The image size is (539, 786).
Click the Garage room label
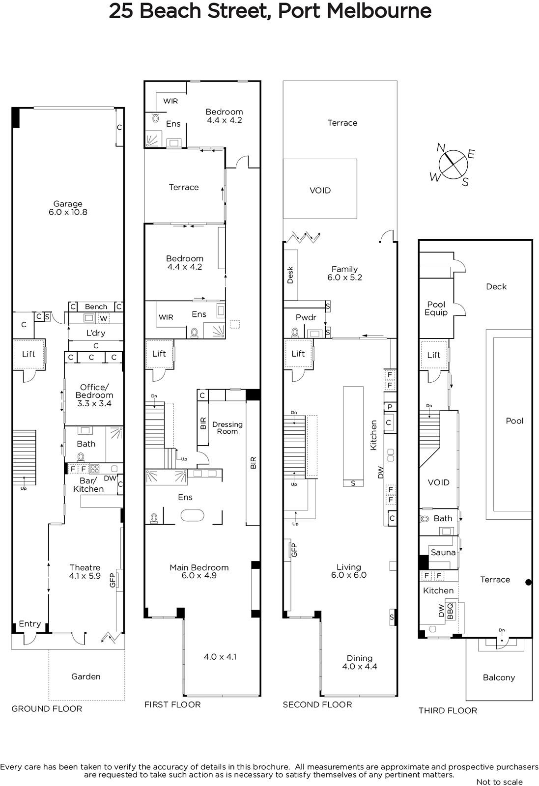click(x=68, y=204)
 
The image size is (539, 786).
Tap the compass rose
click(x=453, y=164)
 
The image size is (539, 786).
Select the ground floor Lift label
click(x=29, y=354)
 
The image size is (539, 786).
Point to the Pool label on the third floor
click(x=514, y=421)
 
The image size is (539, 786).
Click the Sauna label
click(x=443, y=552)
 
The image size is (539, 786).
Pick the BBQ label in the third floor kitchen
click(x=451, y=612)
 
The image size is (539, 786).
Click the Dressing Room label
click(x=227, y=428)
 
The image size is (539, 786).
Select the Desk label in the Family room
click(x=290, y=275)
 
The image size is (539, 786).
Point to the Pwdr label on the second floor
click(x=306, y=317)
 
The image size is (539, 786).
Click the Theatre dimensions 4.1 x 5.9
click(x=85, y=576)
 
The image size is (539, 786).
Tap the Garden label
click(x=86, y=676)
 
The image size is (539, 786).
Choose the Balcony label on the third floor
click(x=499, y=677)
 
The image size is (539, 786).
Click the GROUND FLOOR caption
click(x=47, y=709)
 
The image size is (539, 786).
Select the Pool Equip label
click(x=436, y=309)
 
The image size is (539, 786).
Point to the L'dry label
click(x=96, y=333)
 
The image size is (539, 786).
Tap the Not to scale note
click(x=500, y=782)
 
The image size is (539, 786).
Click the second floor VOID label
click(x=320, y=190)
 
